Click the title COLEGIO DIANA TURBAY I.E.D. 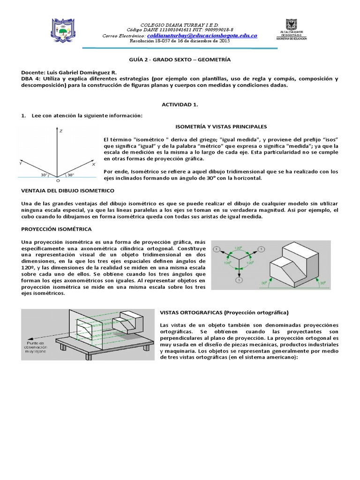pos(180,24)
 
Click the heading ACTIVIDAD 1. pos(180,105)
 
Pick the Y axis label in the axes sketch pos(20,164)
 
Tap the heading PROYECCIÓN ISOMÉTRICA pos(56,229)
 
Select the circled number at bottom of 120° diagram pos(239,280)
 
